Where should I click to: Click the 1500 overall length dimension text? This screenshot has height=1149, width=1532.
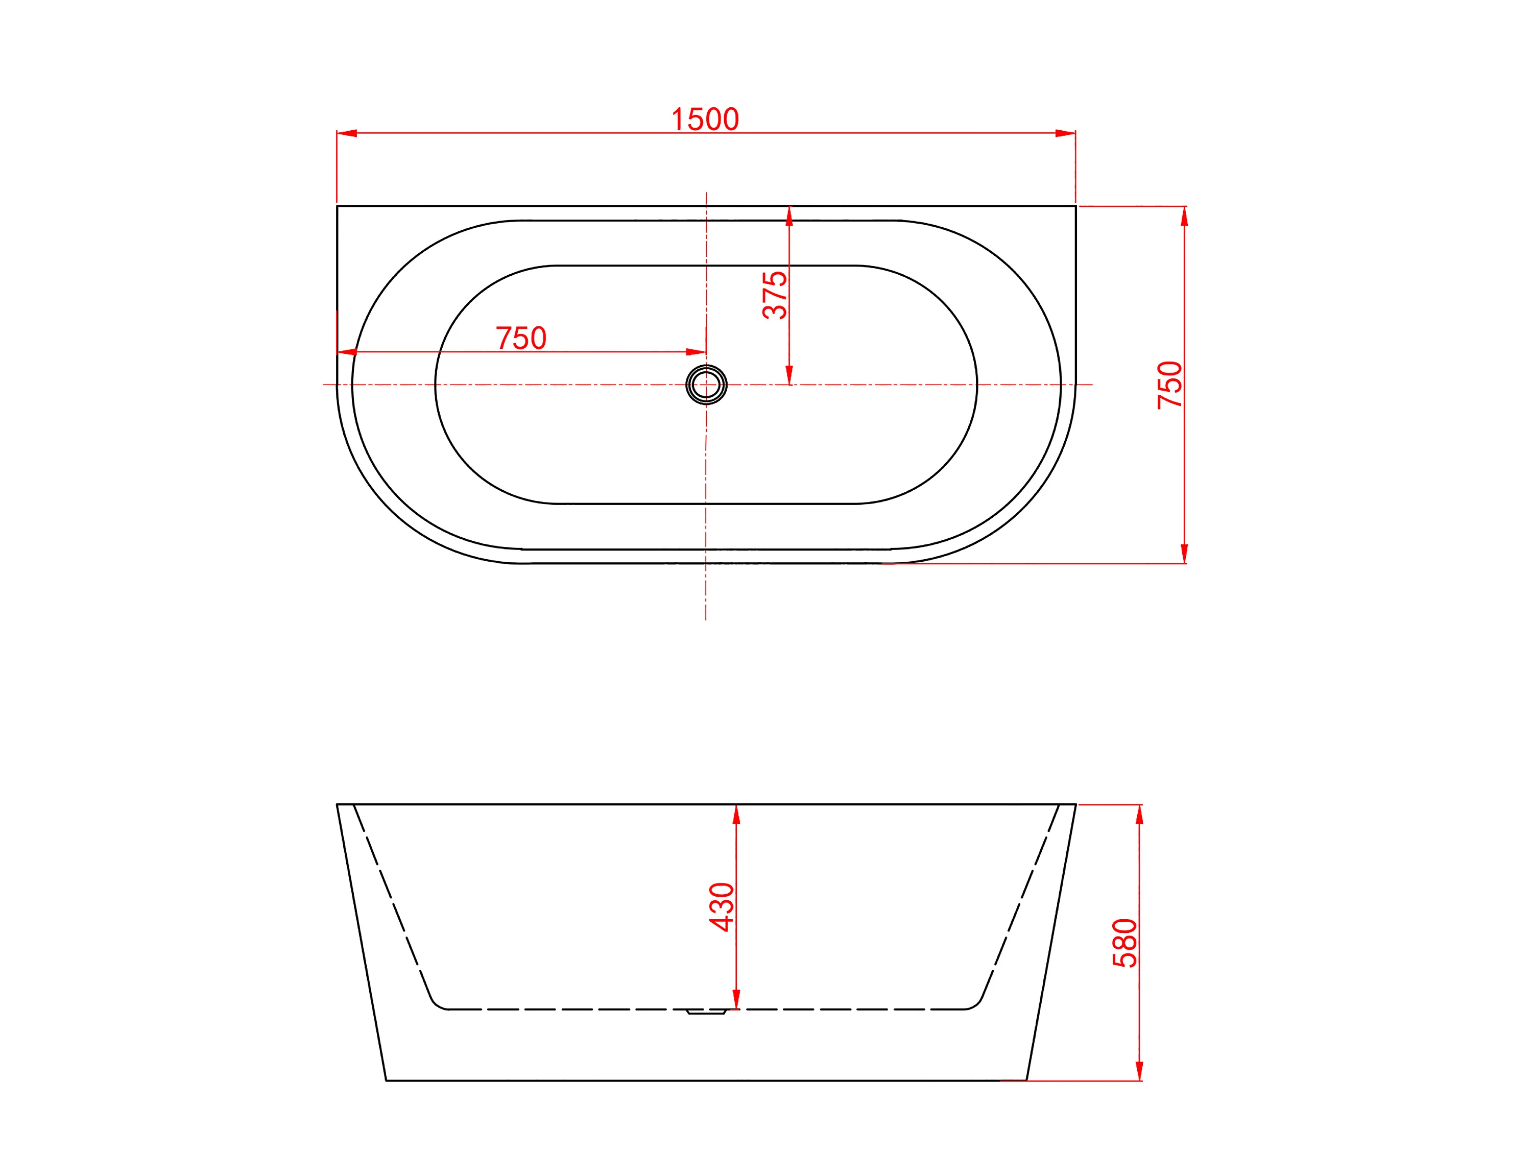(x=705, y=119)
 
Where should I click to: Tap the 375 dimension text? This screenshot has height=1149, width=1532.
(x=774, y=295)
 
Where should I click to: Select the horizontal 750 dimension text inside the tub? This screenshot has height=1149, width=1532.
(x=521, y=338)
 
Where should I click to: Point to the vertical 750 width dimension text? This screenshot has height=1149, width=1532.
(x=1170, y=385)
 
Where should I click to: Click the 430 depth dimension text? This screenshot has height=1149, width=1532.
(x=722, y=906)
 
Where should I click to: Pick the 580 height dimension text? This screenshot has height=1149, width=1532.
(x=1125, y=943)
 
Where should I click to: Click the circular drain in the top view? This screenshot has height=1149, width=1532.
(x=706, y=385)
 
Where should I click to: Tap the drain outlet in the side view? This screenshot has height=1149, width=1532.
(x=706, y=1012)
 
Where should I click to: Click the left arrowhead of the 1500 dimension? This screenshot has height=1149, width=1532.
(x=347, y=133)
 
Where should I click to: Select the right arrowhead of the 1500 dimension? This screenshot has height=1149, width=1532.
(x=1065, y=133)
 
